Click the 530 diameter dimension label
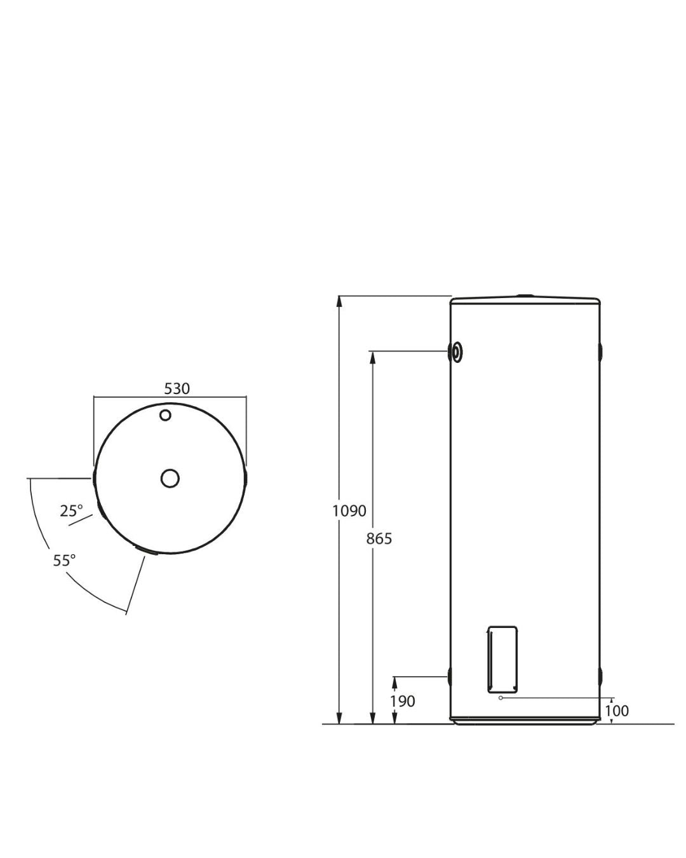(x=177, y=388)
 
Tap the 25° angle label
(x=71, y=511)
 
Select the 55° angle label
(x=64, y=560)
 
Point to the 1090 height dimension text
(x=349, y=511)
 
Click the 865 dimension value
(x=379, y=539)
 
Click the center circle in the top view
(x=170, y=478)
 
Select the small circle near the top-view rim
(x=165, y=415)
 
